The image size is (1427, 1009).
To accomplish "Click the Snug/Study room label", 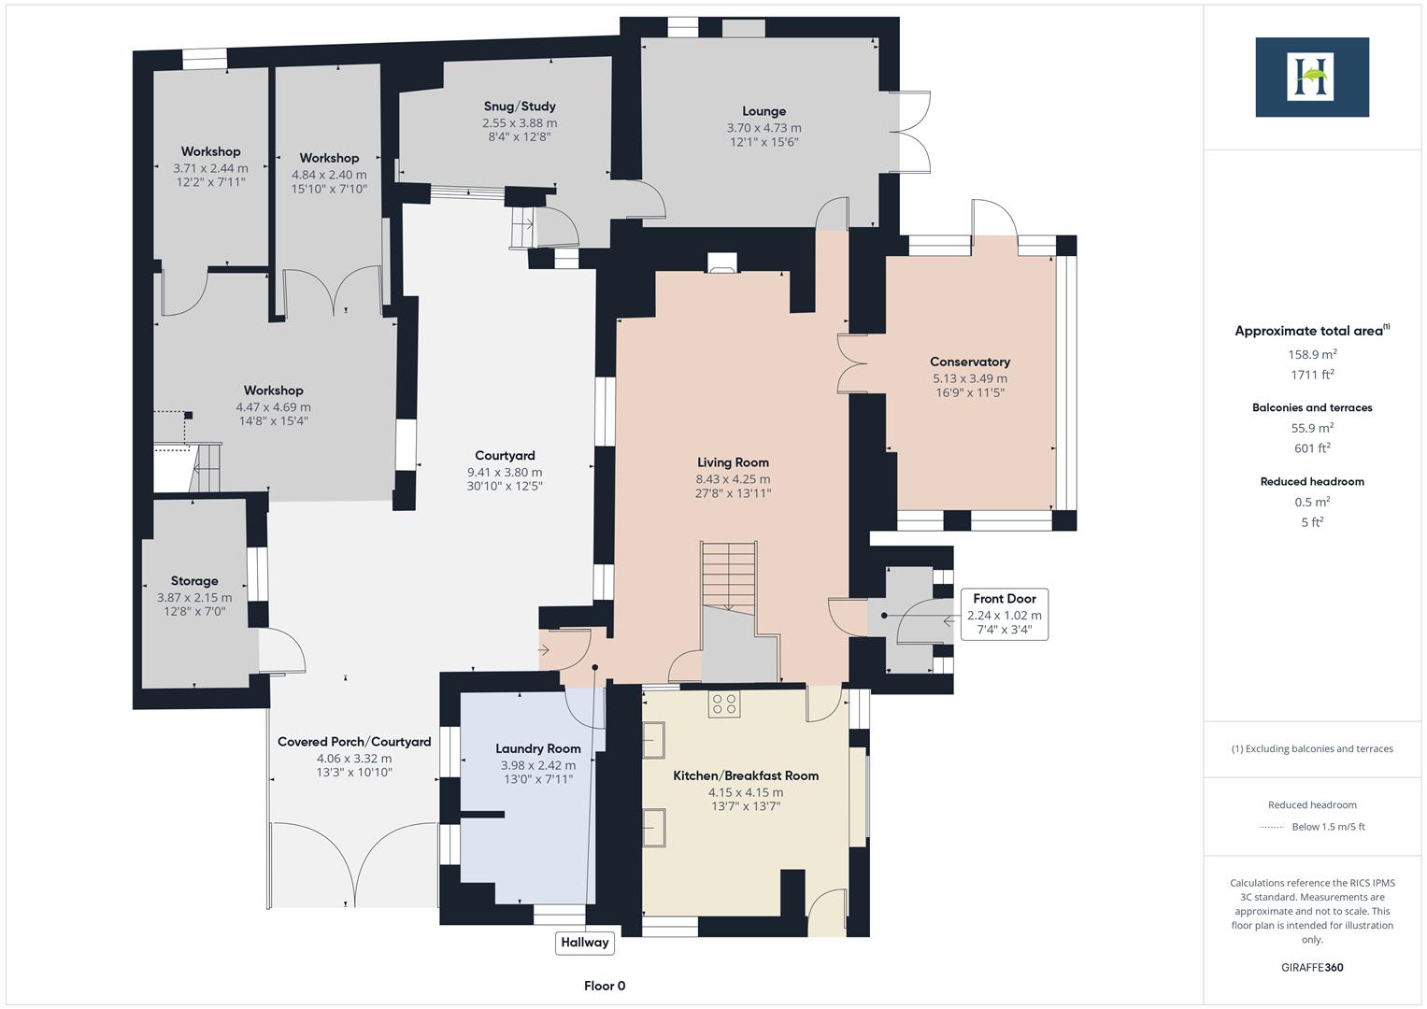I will click(520, 107).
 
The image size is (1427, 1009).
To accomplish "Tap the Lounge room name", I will click(763, 111).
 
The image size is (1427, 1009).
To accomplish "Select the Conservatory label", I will click(969, 362).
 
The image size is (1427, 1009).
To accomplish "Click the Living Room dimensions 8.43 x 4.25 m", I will click(733, 479).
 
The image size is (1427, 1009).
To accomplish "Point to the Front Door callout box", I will click(1004, 614).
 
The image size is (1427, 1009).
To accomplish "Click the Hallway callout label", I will click(584, 942).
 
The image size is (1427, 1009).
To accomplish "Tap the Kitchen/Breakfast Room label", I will click(746, 775).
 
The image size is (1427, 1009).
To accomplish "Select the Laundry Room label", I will click(537, 748).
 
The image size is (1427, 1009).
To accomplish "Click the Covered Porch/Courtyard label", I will click(354, 742).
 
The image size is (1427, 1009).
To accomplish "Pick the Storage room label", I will click(194, 581).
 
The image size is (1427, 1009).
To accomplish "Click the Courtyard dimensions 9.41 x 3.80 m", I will click(505, 472).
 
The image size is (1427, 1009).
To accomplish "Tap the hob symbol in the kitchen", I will click(723, 703).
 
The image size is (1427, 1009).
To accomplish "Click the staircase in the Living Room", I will click(729, 575).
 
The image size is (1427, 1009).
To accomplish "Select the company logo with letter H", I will click(1311, 77).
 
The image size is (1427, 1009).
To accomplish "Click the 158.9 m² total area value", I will click(1311, 354).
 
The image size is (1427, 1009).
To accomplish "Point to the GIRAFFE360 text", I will click(1311, 967).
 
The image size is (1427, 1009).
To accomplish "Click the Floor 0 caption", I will click(605, 986).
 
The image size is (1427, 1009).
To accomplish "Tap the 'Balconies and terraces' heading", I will click(1311, 407).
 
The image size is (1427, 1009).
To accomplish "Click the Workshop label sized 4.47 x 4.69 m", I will click(273, 391).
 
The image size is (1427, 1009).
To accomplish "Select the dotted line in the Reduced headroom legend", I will click(1272, 827).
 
